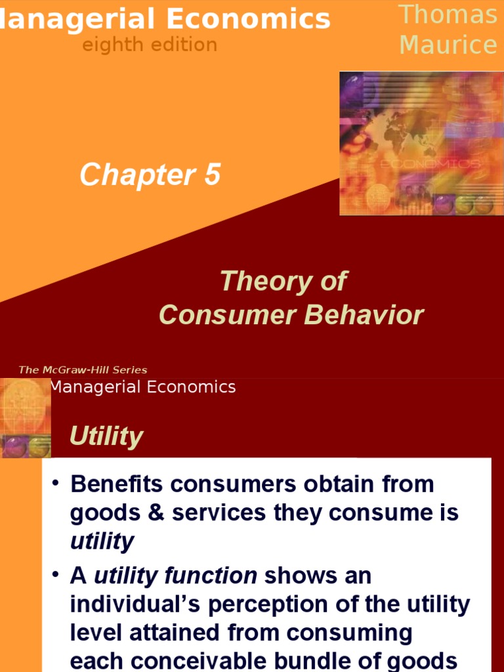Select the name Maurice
449,45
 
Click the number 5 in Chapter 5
211,175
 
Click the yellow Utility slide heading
106,436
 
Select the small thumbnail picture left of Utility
26,418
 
